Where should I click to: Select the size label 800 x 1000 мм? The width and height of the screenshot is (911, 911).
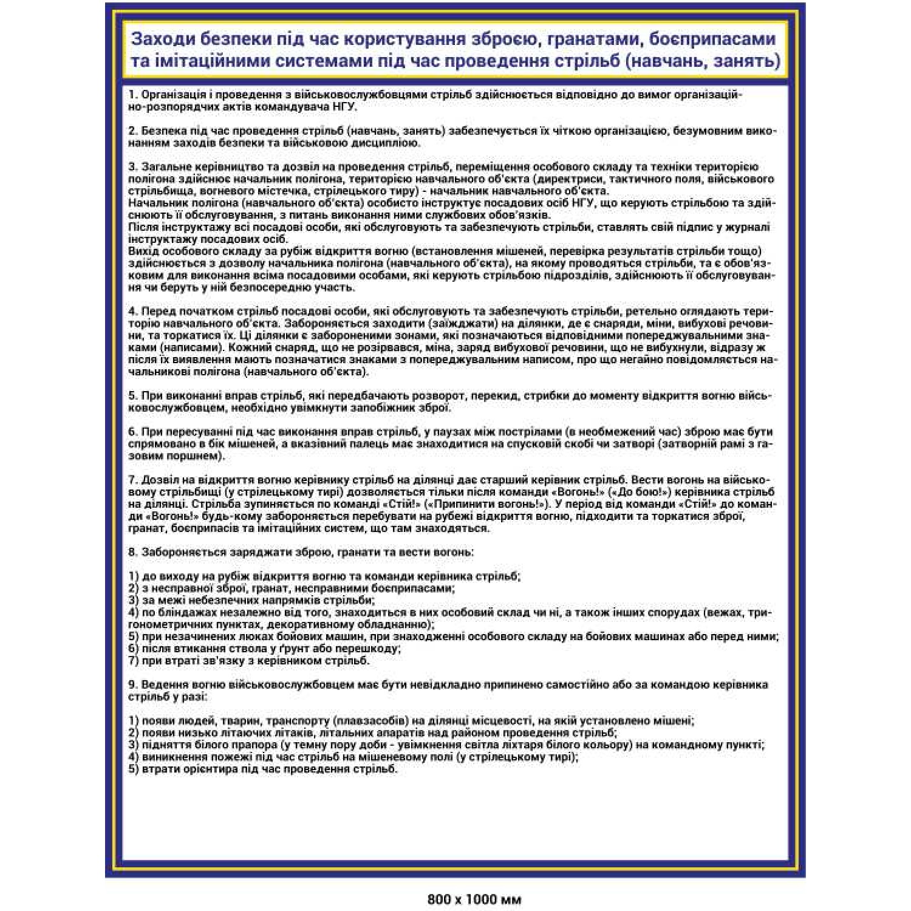[x=474, y=899]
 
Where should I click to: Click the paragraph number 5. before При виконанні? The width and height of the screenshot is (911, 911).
[x=133, y=396]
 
